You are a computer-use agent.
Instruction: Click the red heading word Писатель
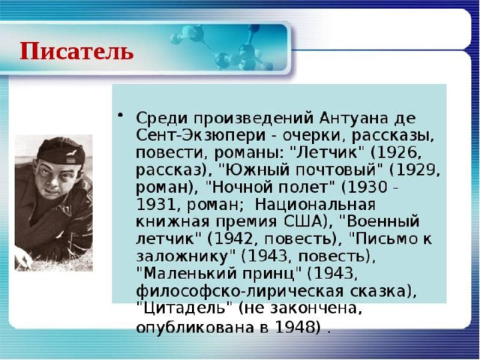tap(76, 51)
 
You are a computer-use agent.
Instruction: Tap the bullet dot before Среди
tap(121, 115)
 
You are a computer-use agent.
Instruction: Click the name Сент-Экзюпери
tap(200, 136)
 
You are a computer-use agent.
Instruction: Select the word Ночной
tap(238, 187)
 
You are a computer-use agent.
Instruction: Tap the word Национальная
tap(315, 204)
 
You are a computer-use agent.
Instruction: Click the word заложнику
tap(182, 256)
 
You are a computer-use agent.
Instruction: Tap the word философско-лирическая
tap(240, 291)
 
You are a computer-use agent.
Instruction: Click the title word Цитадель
tap(184, 307)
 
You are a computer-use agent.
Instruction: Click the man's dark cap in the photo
tap(61, 151)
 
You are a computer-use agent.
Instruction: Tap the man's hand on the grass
tap(23, 258)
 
